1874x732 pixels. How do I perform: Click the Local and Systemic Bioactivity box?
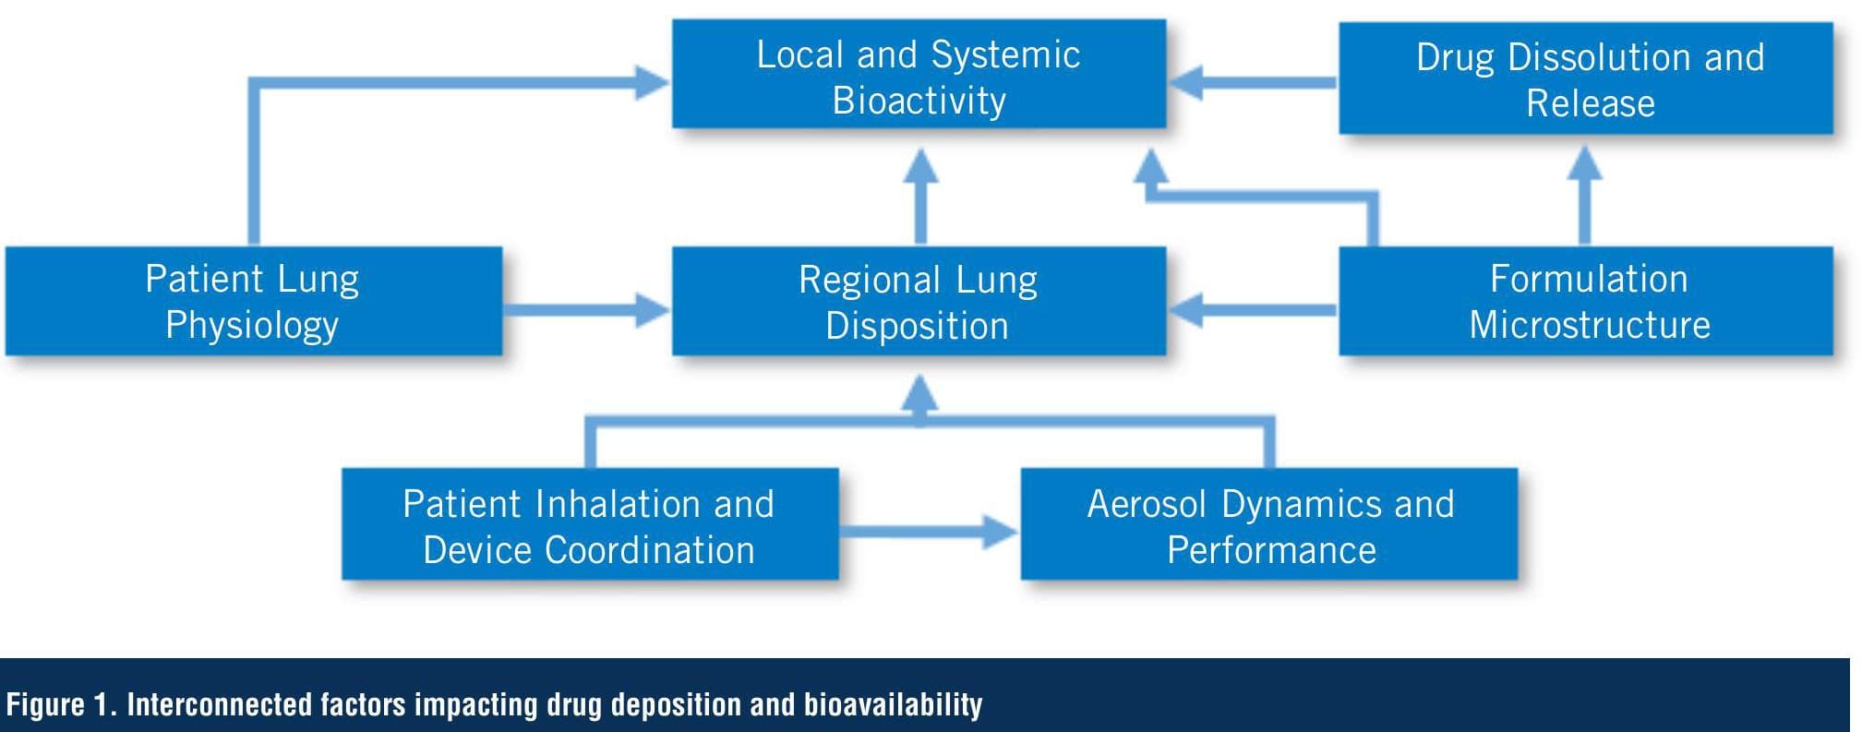click(919, 76)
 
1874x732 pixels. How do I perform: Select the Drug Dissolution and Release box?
click(1585, 79)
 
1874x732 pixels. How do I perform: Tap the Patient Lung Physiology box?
click(253, 301)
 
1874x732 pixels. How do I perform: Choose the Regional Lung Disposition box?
click(919, 302)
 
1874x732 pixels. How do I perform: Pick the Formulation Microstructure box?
click(1585, 301)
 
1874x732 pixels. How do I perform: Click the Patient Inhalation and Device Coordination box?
click(589, 525)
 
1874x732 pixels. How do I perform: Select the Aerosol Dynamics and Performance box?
click(1268, 525)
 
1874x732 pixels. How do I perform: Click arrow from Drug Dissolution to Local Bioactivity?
click(1255, 82)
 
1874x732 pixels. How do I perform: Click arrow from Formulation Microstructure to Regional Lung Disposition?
click(1255, 309)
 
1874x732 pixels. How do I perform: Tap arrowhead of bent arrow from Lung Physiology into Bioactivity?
click(651, 83)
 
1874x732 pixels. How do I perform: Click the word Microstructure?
click(1589, 325)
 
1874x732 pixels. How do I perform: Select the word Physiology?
click(252, 325)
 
